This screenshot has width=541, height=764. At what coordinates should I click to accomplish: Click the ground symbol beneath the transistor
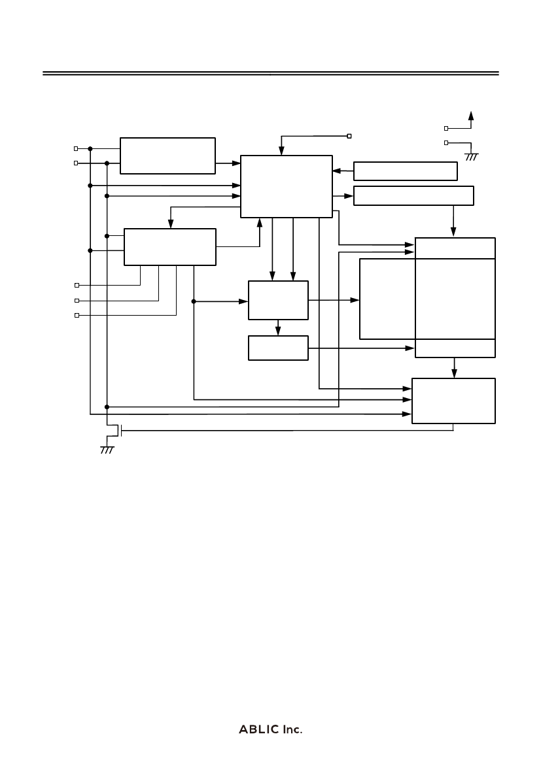[x=107, y=450]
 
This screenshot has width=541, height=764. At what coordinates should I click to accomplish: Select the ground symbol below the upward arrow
[x=471, y=157]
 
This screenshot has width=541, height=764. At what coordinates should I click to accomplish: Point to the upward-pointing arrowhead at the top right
[x=471, y=116]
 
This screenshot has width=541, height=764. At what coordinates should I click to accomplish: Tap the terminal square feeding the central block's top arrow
[x=349, y=136]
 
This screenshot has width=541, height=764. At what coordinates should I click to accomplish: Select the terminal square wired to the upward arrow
[x=446, y=128]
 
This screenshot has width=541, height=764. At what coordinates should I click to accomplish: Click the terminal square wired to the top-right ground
[x=446, y=142]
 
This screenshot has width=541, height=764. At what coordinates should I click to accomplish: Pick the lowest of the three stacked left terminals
[x=77, y=315]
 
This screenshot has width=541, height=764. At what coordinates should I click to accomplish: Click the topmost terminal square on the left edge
[x=76, y=148]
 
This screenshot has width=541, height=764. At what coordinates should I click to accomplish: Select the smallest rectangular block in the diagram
[x=278, y=348]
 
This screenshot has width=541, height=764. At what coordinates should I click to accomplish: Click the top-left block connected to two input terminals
[x=168, y=156]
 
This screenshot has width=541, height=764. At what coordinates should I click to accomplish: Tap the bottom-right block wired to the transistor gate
[x=454, y=401]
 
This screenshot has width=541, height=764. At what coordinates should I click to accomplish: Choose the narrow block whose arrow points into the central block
[x=406, y=171]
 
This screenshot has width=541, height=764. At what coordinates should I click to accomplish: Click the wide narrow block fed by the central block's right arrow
[x=413, y=195]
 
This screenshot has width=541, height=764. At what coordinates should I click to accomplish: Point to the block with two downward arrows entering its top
[x=278, y=300]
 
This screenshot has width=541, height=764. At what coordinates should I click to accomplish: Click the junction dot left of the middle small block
[x=194, y=301]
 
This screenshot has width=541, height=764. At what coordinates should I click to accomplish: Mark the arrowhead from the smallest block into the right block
[x=410, y=348]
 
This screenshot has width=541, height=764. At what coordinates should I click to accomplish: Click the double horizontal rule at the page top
[x=271, y=74]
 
